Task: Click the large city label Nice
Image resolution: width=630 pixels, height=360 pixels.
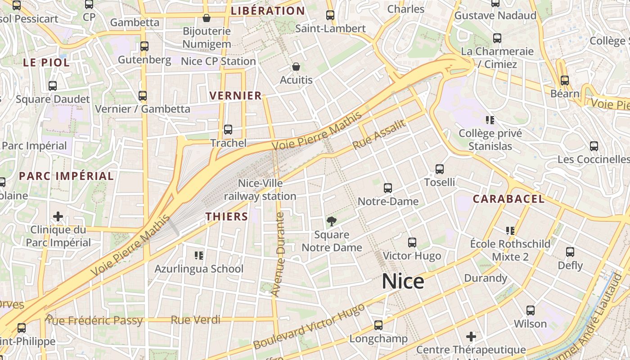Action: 403,282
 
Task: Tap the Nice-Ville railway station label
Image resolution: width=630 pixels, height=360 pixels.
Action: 260,190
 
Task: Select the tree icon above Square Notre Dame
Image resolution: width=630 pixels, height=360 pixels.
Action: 332,221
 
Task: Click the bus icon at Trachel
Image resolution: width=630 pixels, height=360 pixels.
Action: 228,130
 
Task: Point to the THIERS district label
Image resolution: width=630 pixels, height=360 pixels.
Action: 227,216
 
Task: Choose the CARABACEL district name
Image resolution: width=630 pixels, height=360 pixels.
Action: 508,199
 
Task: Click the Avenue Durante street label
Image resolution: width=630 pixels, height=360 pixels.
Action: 279,254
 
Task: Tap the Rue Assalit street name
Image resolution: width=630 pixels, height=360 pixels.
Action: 379,135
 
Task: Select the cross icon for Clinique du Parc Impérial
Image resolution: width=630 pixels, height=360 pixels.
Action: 58,216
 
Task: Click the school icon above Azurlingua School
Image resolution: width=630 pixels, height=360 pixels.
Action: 199,256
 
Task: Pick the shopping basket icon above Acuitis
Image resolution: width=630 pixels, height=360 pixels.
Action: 296,67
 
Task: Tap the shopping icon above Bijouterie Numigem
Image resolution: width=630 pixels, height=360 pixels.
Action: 207,18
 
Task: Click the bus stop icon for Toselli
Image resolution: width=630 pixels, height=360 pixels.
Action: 440,169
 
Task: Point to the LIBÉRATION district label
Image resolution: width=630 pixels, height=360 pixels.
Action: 267,11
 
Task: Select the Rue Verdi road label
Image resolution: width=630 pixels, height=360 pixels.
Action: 196,320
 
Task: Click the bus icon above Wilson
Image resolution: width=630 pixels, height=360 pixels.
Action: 531,310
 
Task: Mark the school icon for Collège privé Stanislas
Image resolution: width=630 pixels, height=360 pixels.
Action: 490,120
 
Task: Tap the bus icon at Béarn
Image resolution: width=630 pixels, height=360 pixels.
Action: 564,81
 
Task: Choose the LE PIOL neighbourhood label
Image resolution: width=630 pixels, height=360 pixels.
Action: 46,63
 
